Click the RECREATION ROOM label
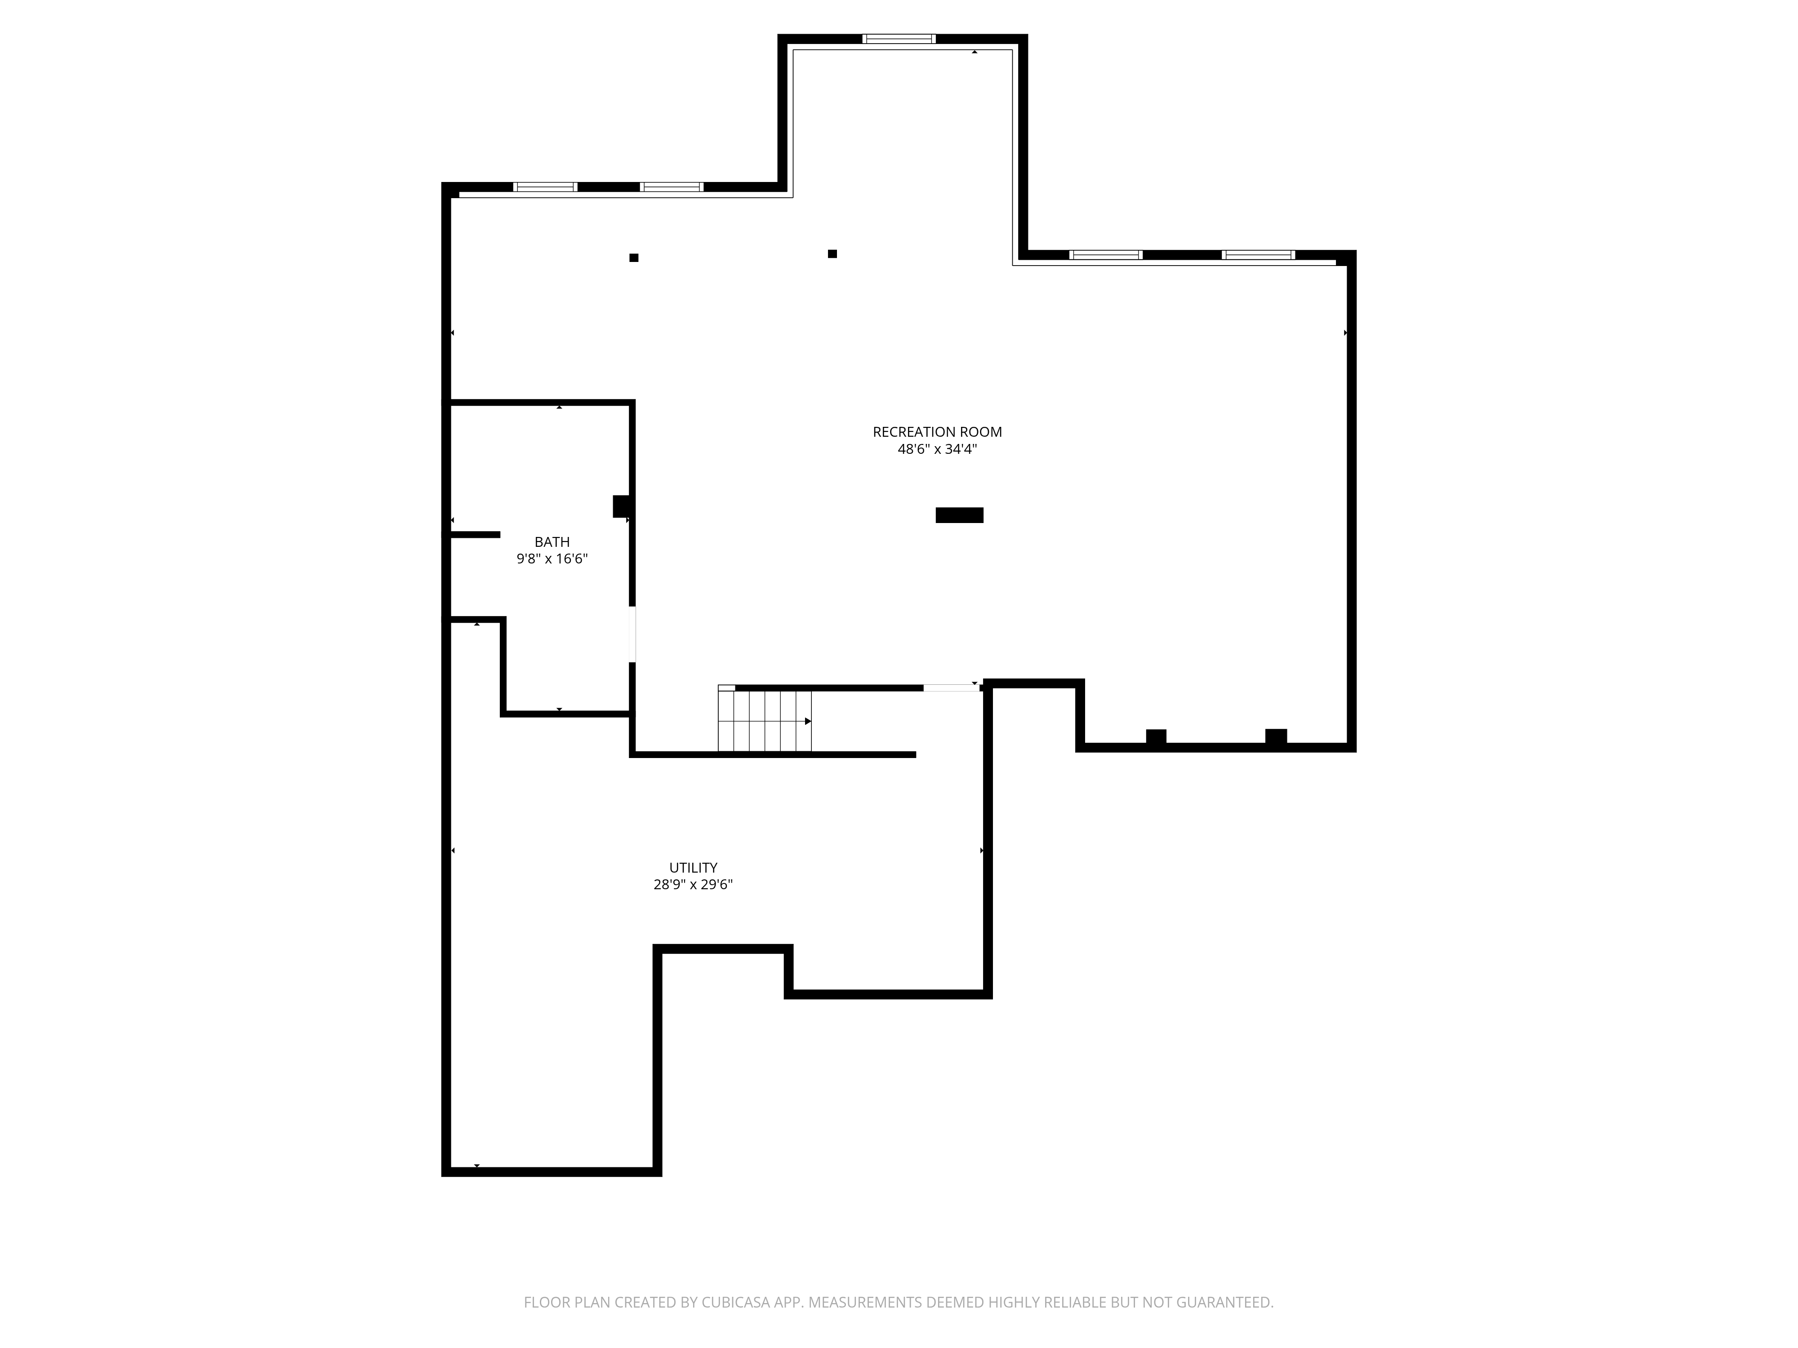(937, 432)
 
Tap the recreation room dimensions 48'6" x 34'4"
(937, 449)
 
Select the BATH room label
(552, 542)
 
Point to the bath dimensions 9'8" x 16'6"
(552, 559)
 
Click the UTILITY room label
(693, 868)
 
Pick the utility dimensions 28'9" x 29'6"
(693, 885)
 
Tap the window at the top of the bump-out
(899, 38)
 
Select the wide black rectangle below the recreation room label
(959, 515)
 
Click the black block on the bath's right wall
(622, 506)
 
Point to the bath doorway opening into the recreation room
(632, 634)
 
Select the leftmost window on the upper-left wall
(545, 187)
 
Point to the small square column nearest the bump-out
(832, 253)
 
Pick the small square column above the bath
(634, 257)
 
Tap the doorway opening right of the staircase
(952, 688)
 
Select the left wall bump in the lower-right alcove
(1156, 736)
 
